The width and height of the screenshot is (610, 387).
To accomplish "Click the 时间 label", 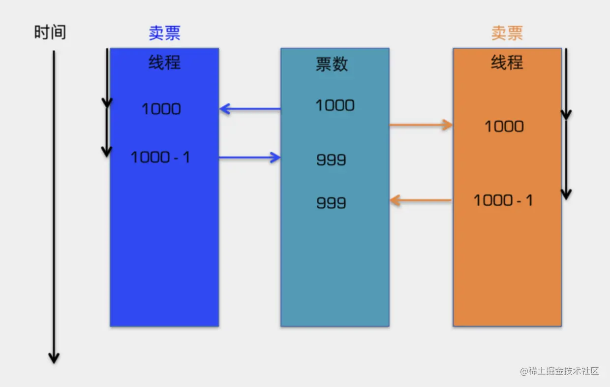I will (50, 33).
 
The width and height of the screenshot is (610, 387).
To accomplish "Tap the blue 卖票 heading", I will (164, 33).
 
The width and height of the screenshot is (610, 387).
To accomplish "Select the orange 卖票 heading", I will (507, 33).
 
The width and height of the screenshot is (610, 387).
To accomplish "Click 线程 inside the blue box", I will (164, 63).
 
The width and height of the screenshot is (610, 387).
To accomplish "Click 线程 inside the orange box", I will (507, 63).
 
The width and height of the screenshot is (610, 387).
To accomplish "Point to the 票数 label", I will (332, 64).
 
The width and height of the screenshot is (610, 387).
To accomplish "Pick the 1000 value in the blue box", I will (161, 109).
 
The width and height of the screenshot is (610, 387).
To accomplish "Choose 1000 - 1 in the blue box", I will (160, 158).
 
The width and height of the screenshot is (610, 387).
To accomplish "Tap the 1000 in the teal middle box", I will (335, 105).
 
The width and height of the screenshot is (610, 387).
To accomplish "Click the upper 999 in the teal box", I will (331, 160).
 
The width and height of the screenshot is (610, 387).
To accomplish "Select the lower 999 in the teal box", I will (331, 203).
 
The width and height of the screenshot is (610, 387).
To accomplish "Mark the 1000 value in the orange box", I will (504, 127).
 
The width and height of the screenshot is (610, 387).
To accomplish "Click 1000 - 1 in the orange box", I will (503, 200).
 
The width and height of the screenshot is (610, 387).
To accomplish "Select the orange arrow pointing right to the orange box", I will (421, 125).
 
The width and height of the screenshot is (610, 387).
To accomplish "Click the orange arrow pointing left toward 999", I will (421, 200).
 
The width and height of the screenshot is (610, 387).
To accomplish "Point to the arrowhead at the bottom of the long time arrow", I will (54, 358).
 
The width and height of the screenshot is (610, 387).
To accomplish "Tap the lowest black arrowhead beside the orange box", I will (566, 194).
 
